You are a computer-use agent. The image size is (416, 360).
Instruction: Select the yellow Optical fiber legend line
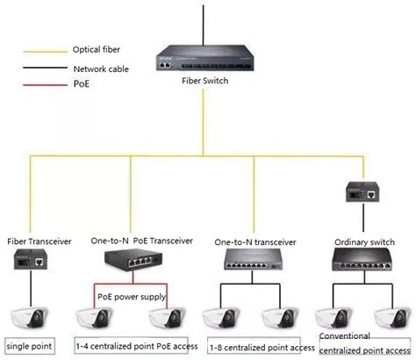(42, 50)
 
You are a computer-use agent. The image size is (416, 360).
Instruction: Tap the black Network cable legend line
(42, 67)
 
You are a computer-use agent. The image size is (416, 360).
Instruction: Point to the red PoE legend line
(42, 83)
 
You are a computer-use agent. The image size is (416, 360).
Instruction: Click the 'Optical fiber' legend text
(98, 50)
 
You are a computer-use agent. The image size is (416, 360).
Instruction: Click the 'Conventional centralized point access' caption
(360, 342)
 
